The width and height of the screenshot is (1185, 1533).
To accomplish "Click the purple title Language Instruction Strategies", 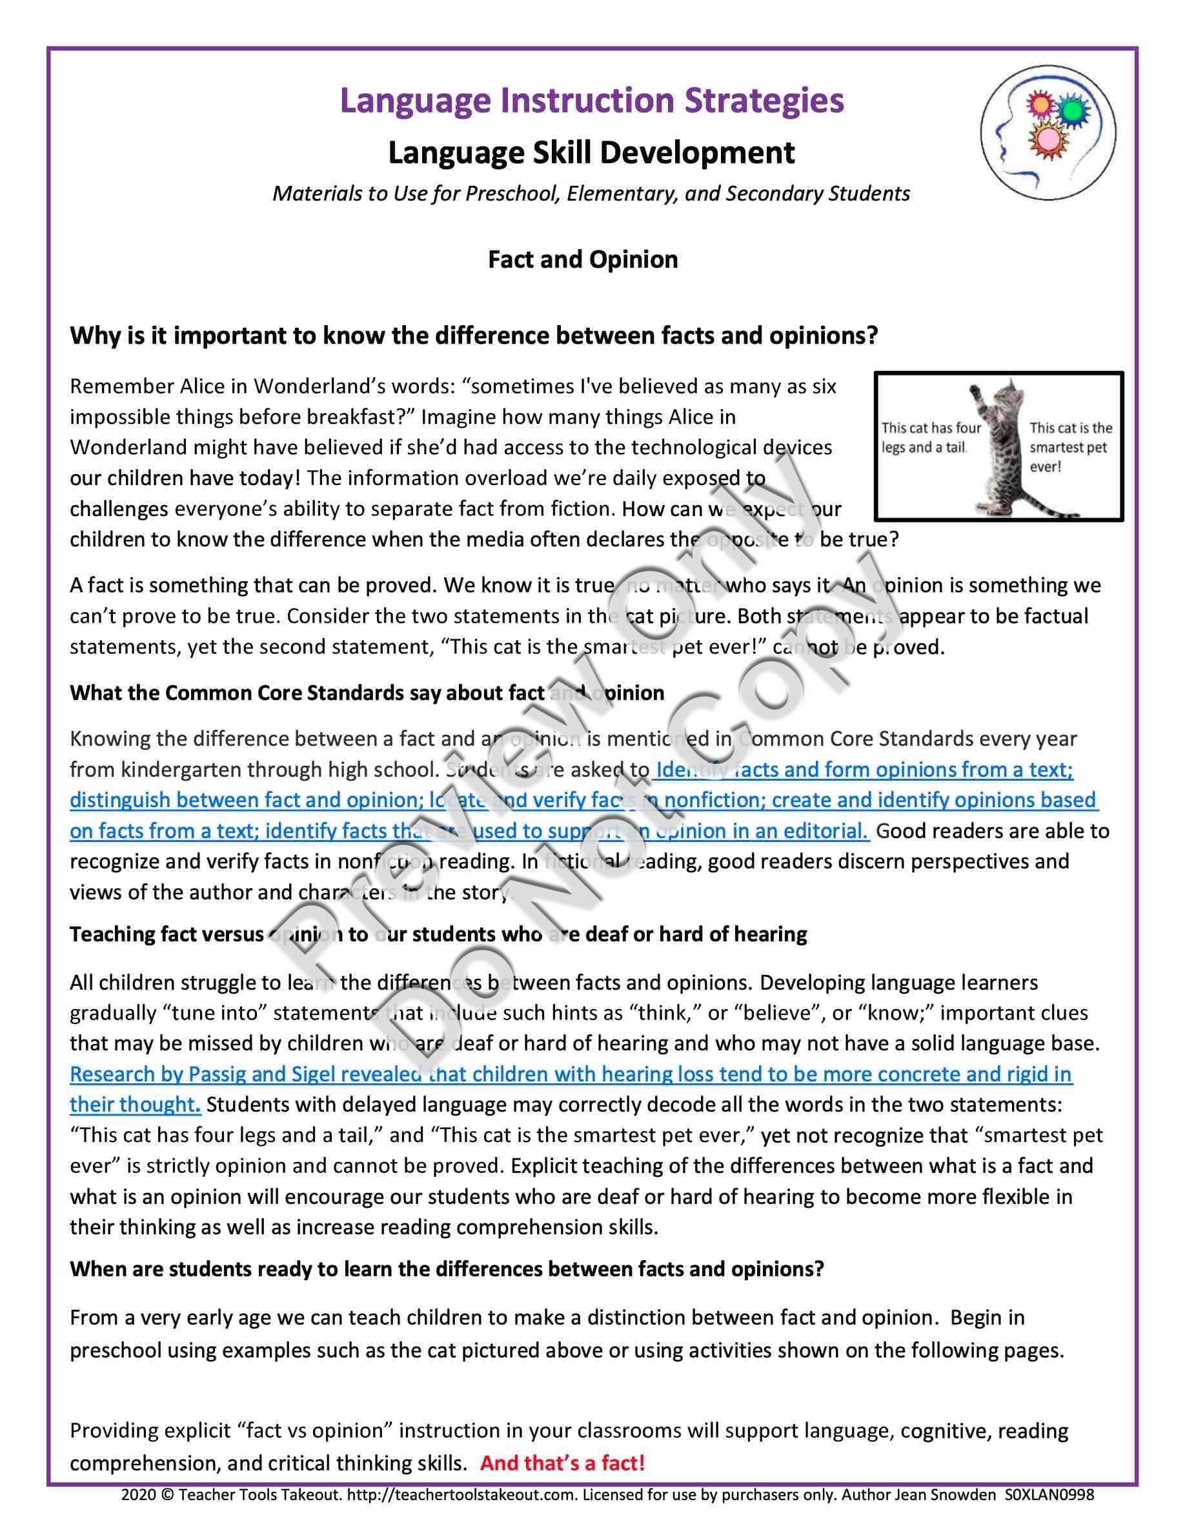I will coord(592,101).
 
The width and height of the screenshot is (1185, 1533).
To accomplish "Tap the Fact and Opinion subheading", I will coord(583,260).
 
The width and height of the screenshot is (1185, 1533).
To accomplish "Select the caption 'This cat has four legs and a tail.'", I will coord(931,437).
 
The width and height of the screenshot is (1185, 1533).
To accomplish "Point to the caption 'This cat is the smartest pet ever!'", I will coord(1070,447).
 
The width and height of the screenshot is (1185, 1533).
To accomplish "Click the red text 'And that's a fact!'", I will coord(562,1463).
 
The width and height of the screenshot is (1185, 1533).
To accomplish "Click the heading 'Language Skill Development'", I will coord(592,153).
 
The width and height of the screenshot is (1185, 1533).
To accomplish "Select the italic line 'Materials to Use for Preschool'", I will coord(591,194).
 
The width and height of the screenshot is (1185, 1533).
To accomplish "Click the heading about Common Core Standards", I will coord(367,694).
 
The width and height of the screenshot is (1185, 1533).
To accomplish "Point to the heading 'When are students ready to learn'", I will coord(447,1269).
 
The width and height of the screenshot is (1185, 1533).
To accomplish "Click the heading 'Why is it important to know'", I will coord(474,336).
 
